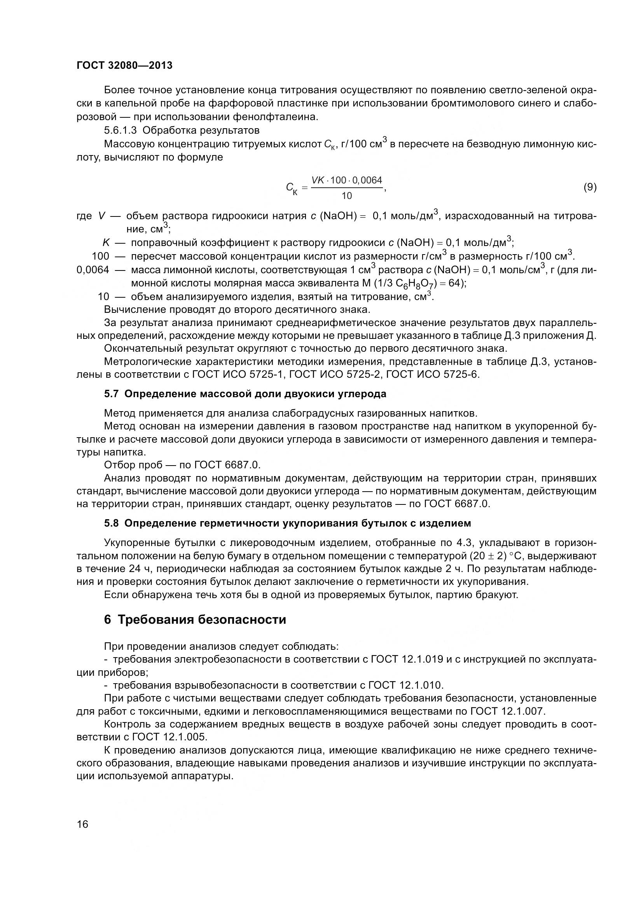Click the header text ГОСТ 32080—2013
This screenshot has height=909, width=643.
[124, 66]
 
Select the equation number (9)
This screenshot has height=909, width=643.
[590, 187]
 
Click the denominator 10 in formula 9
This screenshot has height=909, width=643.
[346, 196]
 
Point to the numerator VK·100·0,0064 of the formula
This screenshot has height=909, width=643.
[346, 181]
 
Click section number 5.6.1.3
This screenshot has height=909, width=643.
[121, 130]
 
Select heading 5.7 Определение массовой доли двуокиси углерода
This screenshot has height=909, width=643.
[245, 394]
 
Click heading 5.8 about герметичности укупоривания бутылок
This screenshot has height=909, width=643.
[287, 523]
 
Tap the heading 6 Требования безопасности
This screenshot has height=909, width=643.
[195, 619]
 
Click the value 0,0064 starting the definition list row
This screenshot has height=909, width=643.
[93, 270]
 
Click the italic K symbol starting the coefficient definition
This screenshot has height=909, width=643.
[106, 243]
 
